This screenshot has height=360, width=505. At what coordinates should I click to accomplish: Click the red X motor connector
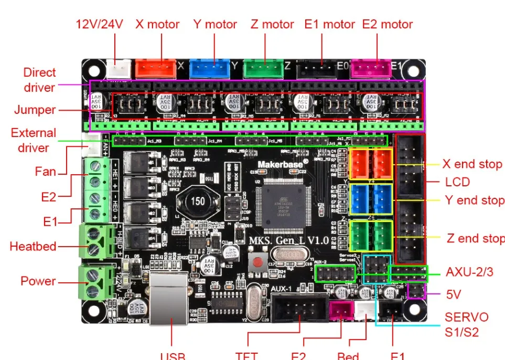click(x=156, y=68)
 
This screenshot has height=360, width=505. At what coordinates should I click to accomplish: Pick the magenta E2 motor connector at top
click(x=371, y=68)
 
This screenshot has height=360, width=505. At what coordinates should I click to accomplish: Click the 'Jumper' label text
click(x=35, y=110)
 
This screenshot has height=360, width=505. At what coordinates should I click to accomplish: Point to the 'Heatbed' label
click(x=33, y=246)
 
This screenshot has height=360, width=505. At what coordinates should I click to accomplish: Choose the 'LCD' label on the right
click(x=457, y=182)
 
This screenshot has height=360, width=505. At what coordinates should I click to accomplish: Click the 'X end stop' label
click(x=472, y=164)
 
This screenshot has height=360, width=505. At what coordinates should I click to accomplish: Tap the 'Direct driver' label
click(x=39, y=80)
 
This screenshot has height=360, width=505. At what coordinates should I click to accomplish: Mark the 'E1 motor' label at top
click(x=329, y=24)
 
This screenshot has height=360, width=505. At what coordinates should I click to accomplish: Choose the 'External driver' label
click(x=33, y=140)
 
